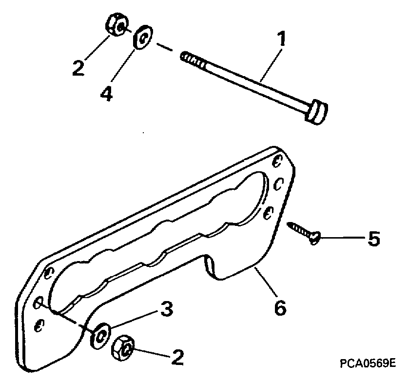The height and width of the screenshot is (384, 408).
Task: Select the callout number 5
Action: [x=373, y=239]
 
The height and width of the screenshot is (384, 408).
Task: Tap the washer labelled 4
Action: [x=142, y=38]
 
